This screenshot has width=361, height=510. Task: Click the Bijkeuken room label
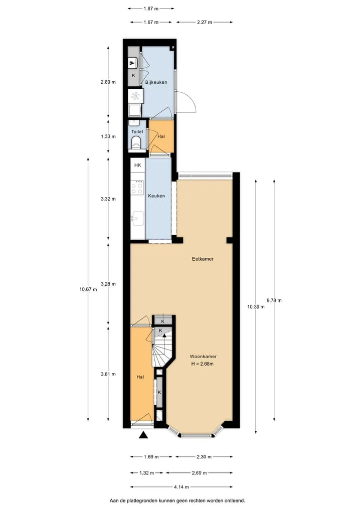[x=156, y=82]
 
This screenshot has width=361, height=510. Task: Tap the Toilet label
[x=137, y=132]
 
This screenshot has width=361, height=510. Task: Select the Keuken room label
[x=156, y=196]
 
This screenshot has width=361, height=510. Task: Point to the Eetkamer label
[x=203, y=259]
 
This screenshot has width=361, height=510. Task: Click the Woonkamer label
[x=203, y=357]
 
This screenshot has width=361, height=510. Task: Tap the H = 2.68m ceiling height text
[x=202, y=364]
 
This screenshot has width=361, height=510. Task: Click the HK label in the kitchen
[x=137, y=165]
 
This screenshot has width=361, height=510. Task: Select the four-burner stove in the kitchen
[x=137, y=188]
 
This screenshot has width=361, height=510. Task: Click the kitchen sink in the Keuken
[x=138, y=218]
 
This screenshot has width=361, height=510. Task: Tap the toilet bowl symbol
[x=136, y=142]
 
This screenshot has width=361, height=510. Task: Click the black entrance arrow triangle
[x=143, y=435]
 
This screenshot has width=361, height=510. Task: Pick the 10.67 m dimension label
[x=88, y=289]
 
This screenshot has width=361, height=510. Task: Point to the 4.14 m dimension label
[x=182, y=487]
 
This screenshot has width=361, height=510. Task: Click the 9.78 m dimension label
[x=274, y=300]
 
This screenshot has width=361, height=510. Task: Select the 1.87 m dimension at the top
[x=151, y=9]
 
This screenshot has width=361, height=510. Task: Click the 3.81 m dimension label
[x=108, y=374]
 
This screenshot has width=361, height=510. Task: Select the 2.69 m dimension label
[x=199, y=472]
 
